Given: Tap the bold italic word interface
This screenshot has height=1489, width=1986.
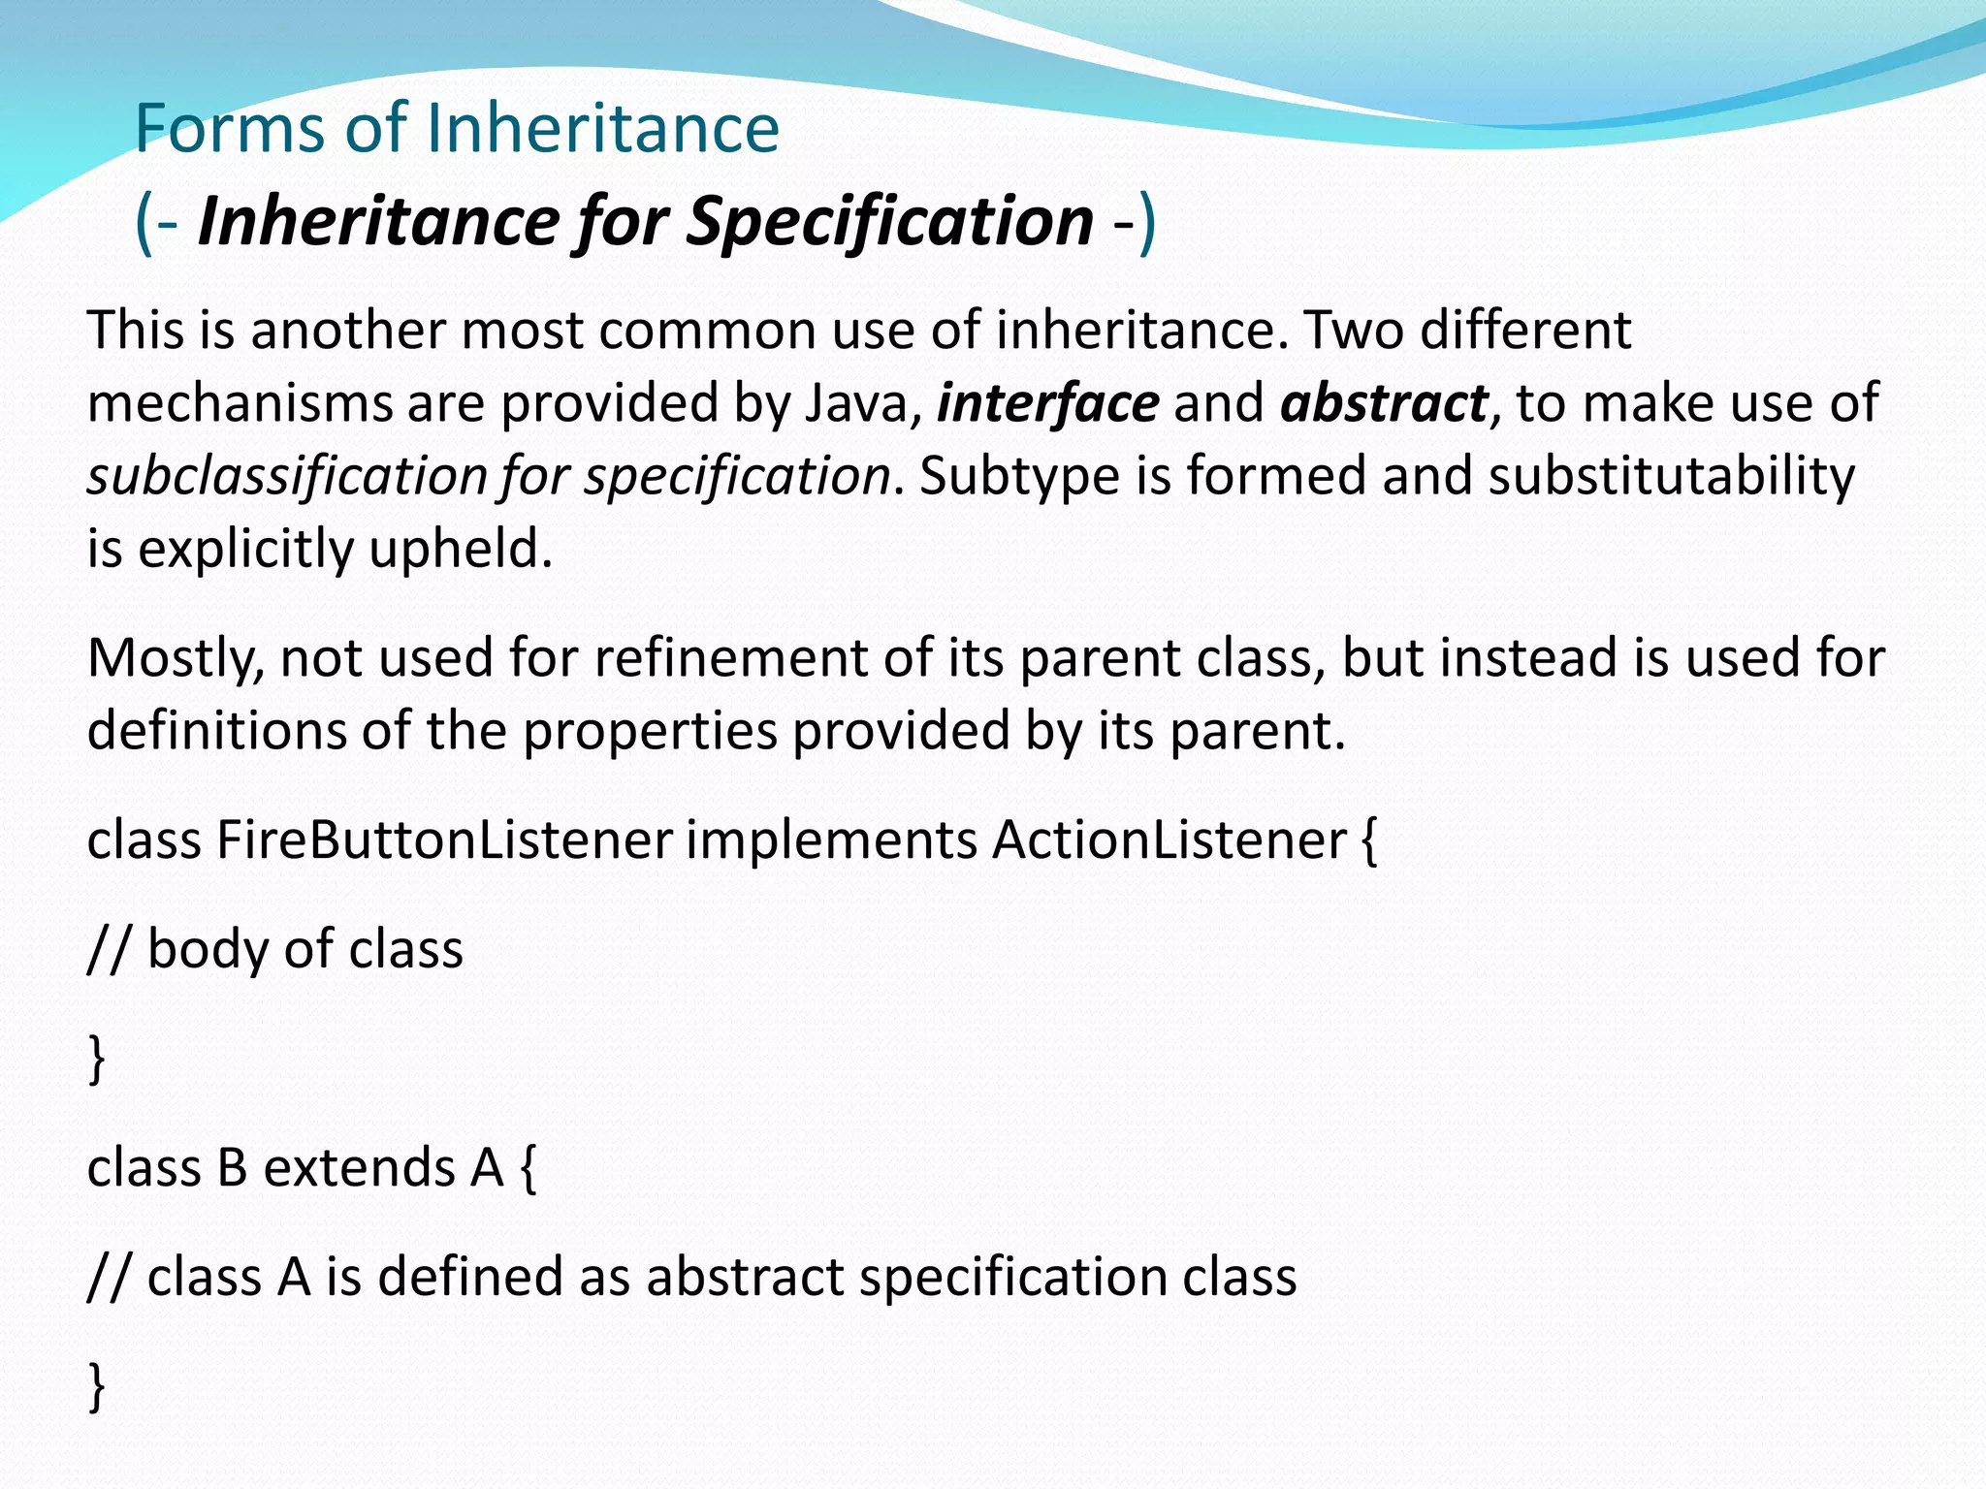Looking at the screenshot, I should (1047, 403).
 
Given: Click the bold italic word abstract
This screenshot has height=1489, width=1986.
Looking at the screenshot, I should (1384, 403).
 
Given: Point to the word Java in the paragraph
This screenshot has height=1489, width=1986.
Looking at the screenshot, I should (857, 403).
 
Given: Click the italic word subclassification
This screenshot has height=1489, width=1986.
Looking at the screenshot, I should (287, 477).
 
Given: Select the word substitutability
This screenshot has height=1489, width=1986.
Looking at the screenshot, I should (1671, 476).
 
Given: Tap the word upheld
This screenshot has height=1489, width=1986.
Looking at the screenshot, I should (460, 550).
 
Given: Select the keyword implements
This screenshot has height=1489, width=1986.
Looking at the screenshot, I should (831, 840).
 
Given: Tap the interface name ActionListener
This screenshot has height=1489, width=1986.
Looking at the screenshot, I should (1169, 840).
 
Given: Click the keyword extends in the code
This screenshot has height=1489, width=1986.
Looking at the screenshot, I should (360, 1168).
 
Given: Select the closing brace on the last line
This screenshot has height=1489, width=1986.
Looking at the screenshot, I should (96, 1387).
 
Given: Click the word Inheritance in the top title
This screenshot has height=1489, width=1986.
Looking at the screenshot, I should (601, 129).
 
